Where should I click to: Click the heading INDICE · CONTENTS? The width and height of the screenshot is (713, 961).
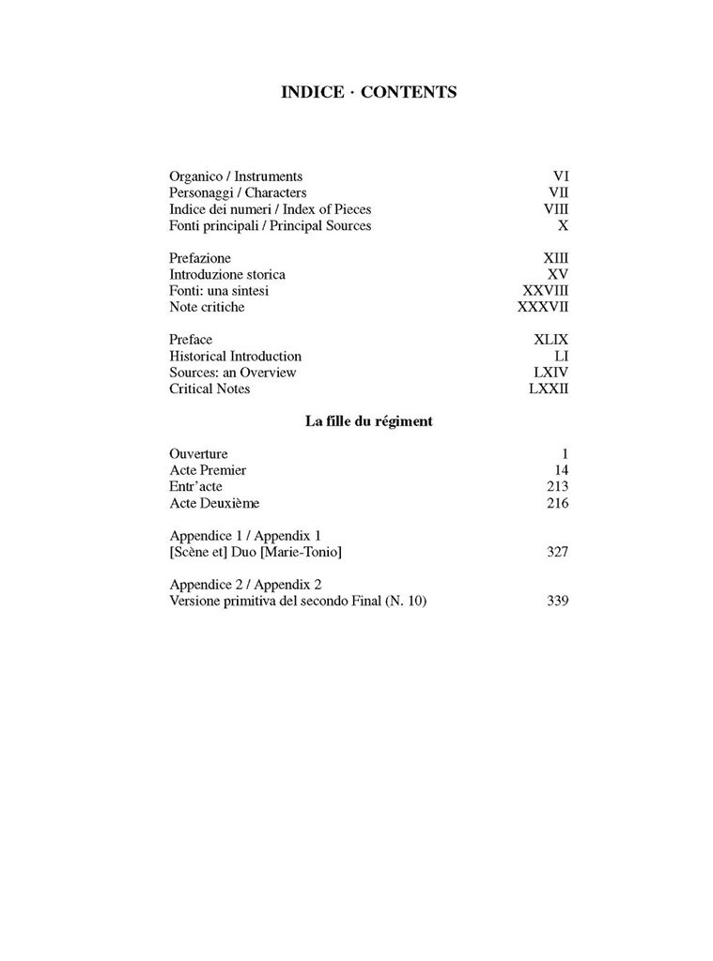tap(368, 92)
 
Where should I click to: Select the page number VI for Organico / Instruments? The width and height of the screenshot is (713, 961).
tap(561, 175)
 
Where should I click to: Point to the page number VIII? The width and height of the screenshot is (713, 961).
tap(555, 209)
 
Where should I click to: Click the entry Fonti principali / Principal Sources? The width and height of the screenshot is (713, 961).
tap(270, 226)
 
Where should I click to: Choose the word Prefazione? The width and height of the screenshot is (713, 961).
tap(200, 258)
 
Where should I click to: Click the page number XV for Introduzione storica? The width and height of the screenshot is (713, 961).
tap(558, 275)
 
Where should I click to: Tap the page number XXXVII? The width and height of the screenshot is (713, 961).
tap(543, 308)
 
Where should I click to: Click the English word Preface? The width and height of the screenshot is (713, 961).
tap(191, 340)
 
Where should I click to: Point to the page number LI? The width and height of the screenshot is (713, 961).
tap(562, 357)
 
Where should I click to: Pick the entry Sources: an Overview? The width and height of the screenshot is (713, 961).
tap(232, 373)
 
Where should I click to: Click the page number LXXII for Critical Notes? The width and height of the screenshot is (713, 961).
tap(549, 389)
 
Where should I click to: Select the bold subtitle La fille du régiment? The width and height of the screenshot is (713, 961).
tap(368, 421)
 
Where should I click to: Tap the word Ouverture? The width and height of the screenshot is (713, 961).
tap(198, 454)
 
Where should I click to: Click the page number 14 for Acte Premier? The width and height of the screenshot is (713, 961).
tap(561, 470)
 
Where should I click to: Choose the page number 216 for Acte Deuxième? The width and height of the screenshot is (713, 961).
tap(557, 503)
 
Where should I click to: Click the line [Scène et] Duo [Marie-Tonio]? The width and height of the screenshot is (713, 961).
tap(255, 552)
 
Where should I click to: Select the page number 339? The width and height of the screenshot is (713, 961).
tap(557, 602)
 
